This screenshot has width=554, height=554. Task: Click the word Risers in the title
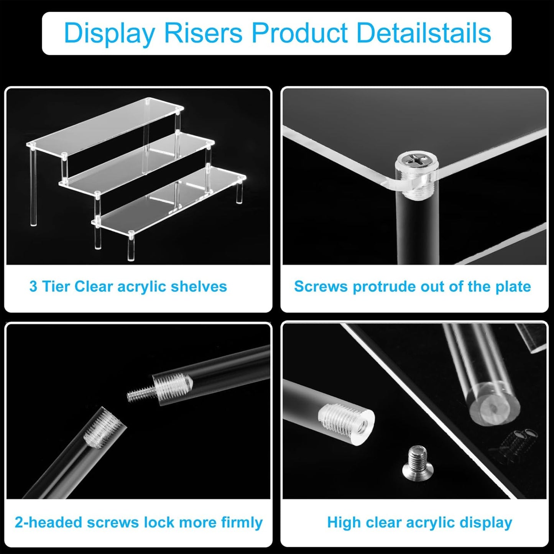click(x=203, y=33)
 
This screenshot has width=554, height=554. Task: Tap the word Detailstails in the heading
click(x=424, y=33)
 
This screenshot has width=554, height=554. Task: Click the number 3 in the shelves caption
click(x=33, y=286)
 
